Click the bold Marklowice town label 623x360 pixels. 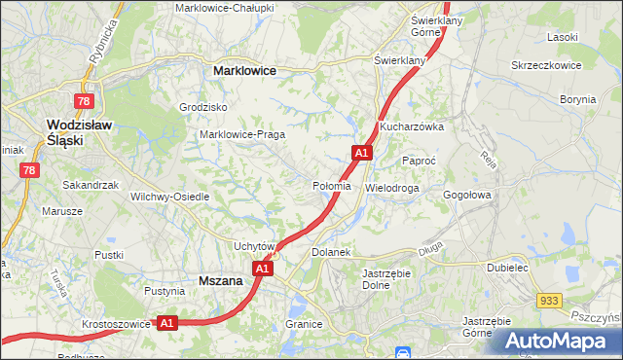pyautogui.click(x=244, y=71)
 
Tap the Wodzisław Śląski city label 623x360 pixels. pyautogui.click(x=80, y=131)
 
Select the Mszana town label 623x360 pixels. pyautogui.click(x=220, y=280)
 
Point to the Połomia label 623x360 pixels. pyautogui.click(x=330, y=186)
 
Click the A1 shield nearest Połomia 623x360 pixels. pyautogui.click(x=361, y=153)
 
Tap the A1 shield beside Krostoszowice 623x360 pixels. pyautogui.click(x=166, y=322)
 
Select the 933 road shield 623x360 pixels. pyautogui.click(x=550, y=303)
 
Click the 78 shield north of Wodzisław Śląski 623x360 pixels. pyautogui.click(x=85, y=101)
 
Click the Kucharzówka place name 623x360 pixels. pyautogui.click(x=412, y=126)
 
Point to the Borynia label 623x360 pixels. pyautogui.click(x=576, y=99)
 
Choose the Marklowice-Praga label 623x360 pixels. pyautogui.click(x=241, y=134)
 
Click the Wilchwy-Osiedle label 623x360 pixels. pyautogui.click(x=170, y=196)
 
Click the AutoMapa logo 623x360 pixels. pyautogui.click(x=556, y=341)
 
